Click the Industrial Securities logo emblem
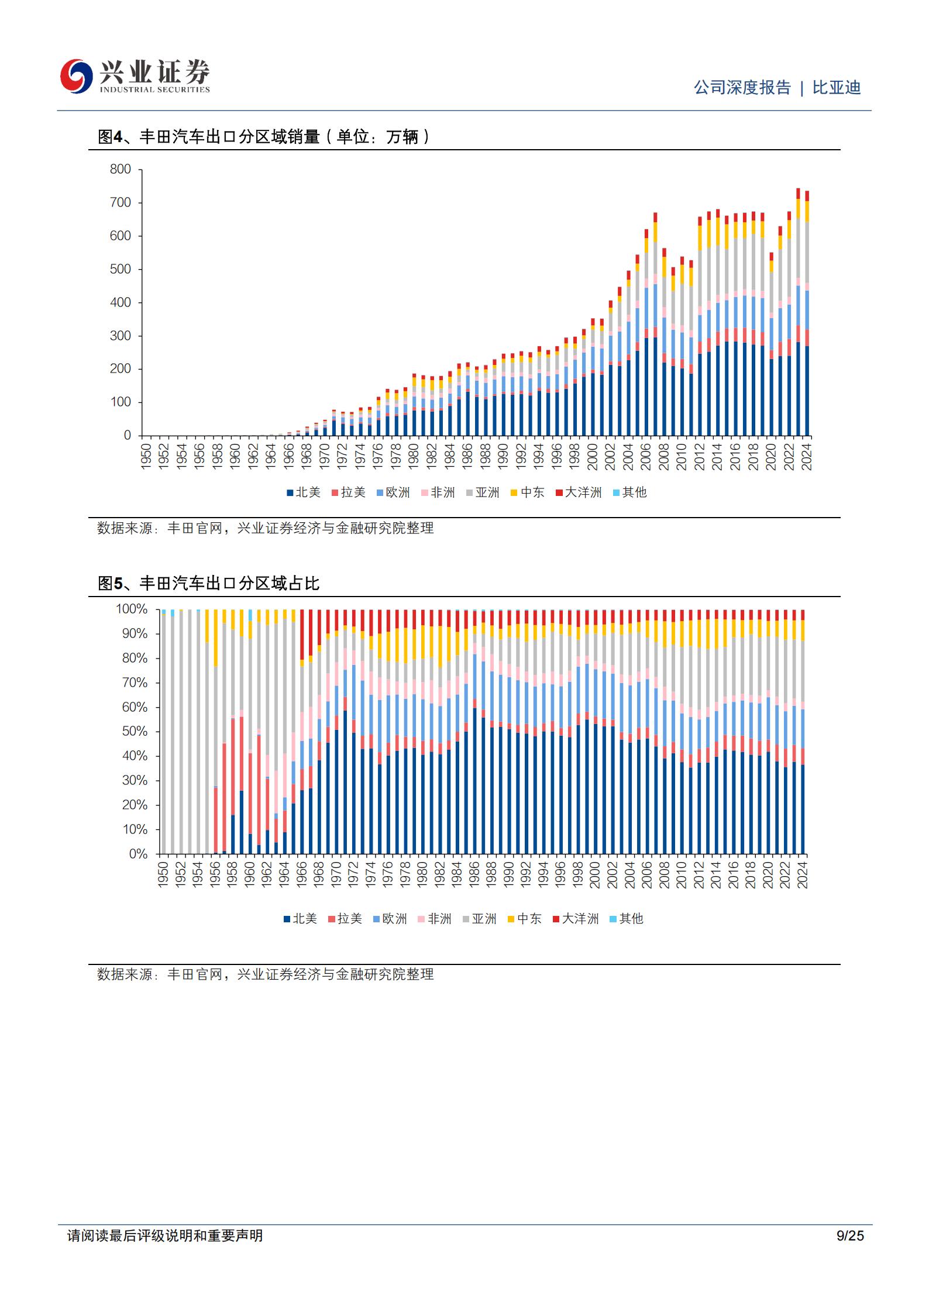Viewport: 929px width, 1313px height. (77, 76)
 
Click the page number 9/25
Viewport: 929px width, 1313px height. (850, 1235)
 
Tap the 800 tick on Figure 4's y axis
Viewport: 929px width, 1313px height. (121, 169)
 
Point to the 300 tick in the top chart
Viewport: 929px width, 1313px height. (121, 336)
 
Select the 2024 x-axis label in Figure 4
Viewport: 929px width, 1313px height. (807, 456)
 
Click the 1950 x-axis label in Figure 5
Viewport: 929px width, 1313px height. (163, 874)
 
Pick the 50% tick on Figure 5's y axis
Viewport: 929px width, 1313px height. (135, 732)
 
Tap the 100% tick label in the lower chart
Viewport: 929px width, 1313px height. (132, 609)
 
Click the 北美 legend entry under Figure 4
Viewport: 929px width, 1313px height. (304, 492)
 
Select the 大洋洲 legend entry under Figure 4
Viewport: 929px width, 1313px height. (579, 492)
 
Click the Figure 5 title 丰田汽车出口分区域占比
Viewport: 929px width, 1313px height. (229, 583)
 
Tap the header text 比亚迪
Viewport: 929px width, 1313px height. (837, 88)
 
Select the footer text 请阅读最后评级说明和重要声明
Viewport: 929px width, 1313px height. (165, 1235)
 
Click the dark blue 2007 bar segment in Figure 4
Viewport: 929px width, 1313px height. (655, 387)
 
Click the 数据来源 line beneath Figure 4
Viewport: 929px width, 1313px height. (266, 528)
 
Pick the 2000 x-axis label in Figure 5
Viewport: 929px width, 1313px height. (595, 874)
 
